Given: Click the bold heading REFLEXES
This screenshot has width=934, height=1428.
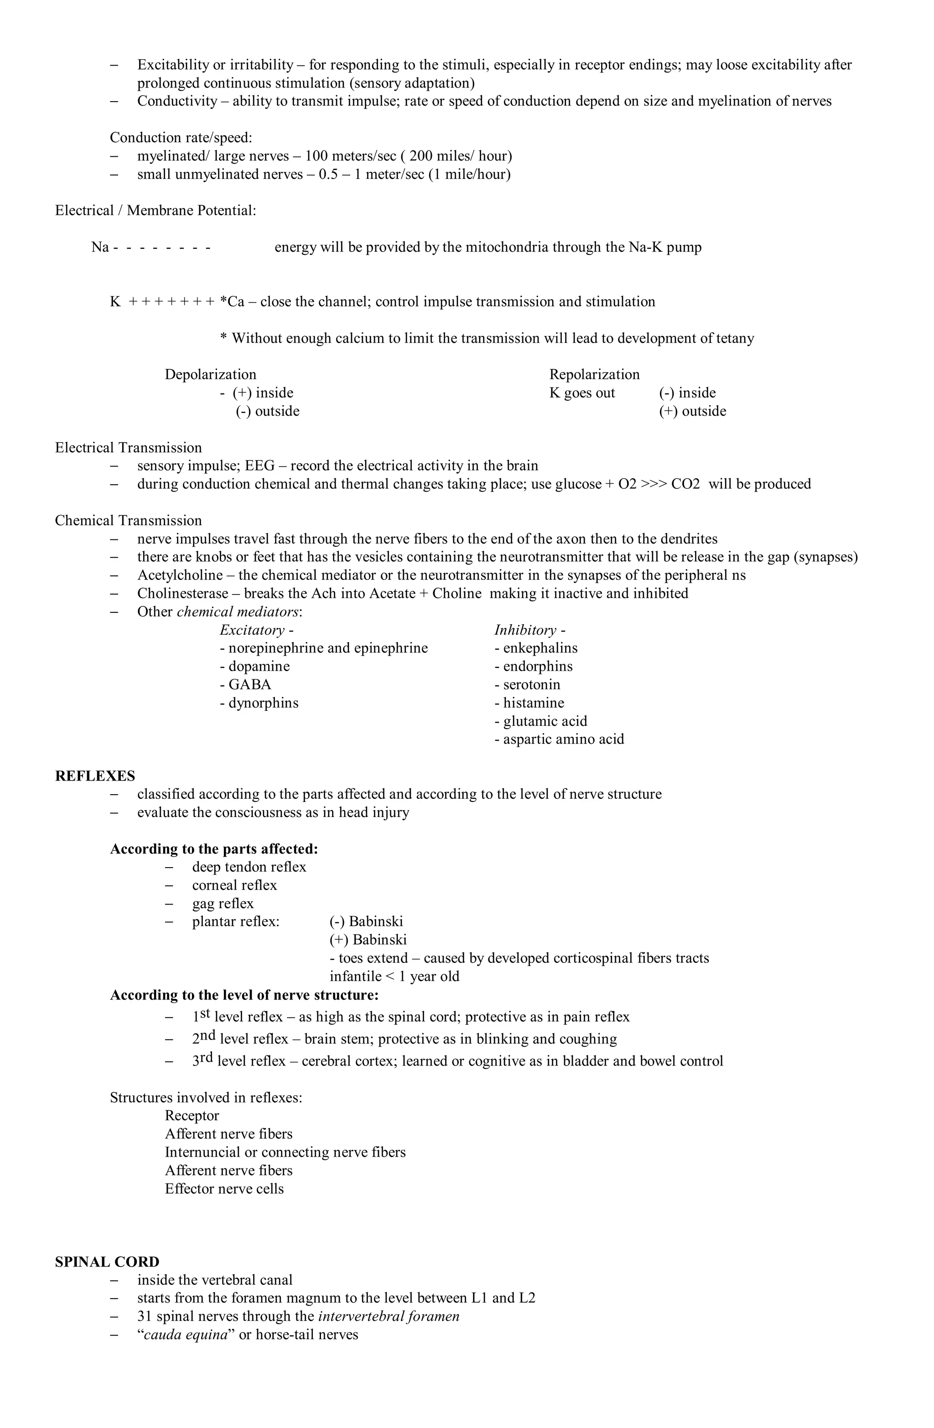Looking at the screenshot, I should pyautogui.click(x=95, y=776).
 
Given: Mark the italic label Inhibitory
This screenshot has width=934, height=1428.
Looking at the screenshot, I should pyautogui.click(x=525, y=630).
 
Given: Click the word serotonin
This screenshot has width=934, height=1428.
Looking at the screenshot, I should pyautogui.click(x=531, y=685).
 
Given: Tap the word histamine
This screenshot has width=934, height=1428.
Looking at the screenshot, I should pyautogui.click(x=533, y=703).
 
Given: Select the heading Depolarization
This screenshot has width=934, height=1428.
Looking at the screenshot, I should pyautogui.click(x=210, y=374).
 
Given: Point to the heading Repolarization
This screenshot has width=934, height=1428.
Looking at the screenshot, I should pyautogui.click(x=594, y=374).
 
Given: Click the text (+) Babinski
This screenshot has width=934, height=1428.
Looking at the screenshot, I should pyautogui.click(x=368, y=940).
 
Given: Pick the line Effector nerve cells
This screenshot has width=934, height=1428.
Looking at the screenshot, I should pyautogui.click(x=224, y=1189).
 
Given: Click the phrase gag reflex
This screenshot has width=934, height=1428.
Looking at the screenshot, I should pyautogui.click(x=223, y=904).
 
